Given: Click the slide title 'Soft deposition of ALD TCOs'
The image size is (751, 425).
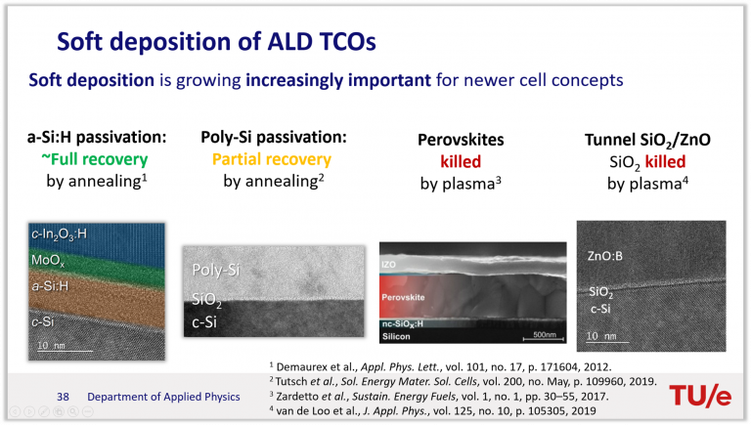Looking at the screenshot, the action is (216, 42).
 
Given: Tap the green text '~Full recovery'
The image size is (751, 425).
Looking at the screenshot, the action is (94, 159).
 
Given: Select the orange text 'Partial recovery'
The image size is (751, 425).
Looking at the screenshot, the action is (272, 159).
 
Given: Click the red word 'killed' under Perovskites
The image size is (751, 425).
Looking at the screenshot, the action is (461, 162).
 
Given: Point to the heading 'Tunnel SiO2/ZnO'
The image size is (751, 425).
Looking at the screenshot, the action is (647, 140).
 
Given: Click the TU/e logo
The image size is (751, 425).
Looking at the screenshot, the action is (700, 395).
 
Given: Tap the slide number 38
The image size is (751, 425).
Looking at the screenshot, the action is (63, 397).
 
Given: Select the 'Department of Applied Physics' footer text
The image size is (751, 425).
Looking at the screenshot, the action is (163, 397).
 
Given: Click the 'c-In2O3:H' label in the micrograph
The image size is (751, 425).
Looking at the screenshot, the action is (59, 234).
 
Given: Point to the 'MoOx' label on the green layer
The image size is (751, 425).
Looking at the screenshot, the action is (47, 260).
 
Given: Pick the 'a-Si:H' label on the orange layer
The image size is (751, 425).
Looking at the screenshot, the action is (50, 286).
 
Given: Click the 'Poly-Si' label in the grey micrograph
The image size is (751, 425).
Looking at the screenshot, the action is (215, 270).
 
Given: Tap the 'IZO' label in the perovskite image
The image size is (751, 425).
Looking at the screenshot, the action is (388, 264).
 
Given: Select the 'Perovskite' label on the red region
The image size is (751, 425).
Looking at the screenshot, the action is (403, 297).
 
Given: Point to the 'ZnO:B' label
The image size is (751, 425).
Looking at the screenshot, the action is (605, 256).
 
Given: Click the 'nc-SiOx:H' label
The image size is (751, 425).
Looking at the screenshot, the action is (403, 324).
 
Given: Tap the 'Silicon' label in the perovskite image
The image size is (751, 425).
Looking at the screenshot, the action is (396, 336).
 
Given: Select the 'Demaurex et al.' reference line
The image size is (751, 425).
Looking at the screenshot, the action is (440, 367).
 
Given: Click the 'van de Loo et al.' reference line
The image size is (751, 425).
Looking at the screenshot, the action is (432, 410).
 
